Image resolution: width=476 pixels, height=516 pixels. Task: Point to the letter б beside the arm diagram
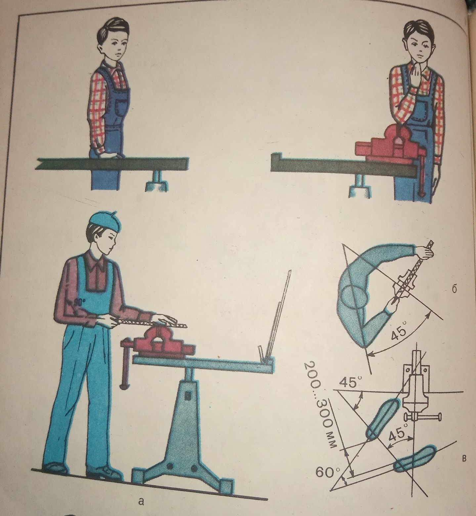tap(454, 289)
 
